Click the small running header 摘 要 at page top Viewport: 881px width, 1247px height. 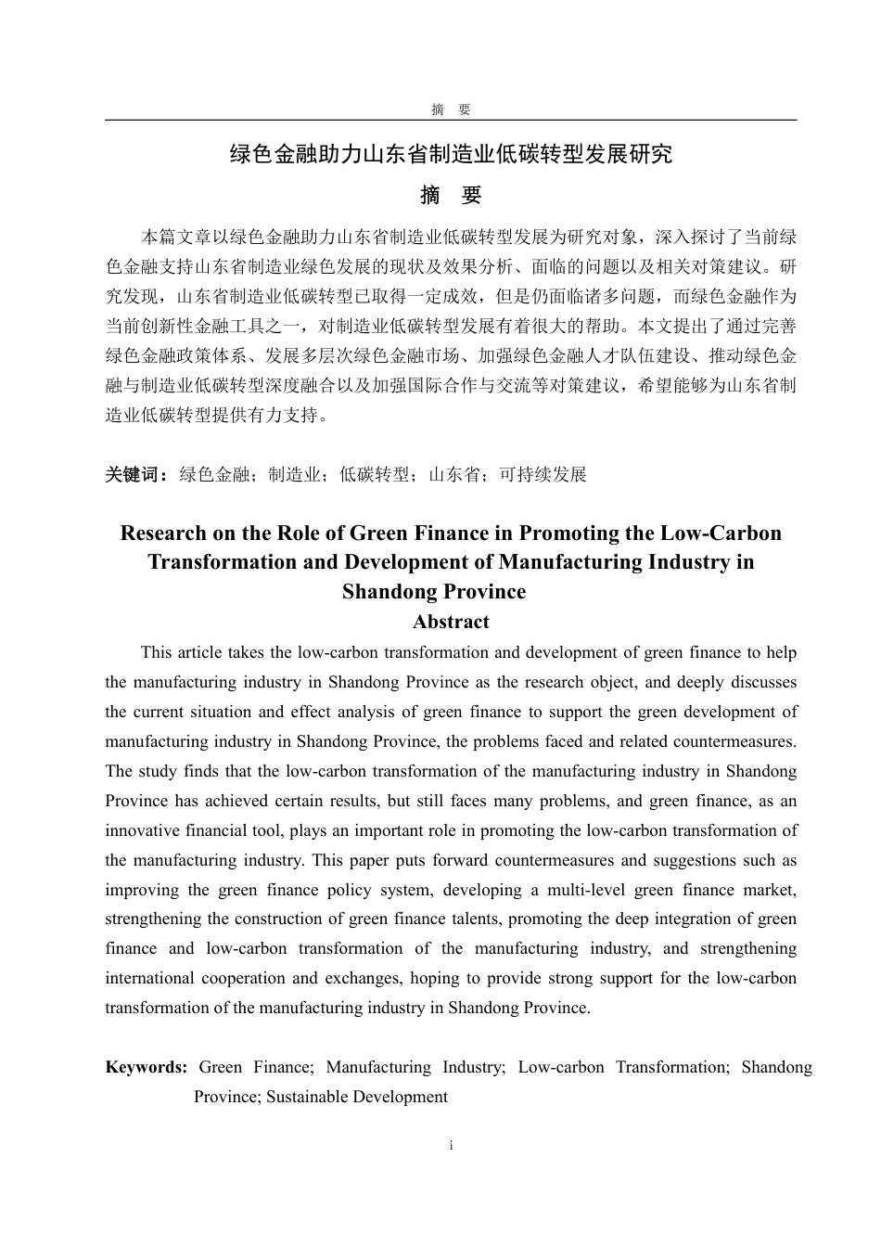coord(451,109)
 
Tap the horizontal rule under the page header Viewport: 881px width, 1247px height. coord(451,121)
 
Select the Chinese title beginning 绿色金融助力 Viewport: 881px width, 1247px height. coord(451,154)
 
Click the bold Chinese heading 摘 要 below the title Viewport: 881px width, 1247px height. coord(451,196)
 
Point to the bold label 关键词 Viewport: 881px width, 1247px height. coord(135,475)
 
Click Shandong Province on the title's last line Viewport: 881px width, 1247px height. coord(434,592)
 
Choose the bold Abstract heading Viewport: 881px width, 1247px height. coord(451,622)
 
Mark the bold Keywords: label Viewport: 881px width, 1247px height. coord(147,1067)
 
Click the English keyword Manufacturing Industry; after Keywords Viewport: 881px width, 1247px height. coord(415,1067)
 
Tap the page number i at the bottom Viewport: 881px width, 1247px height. coord(451,1146)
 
